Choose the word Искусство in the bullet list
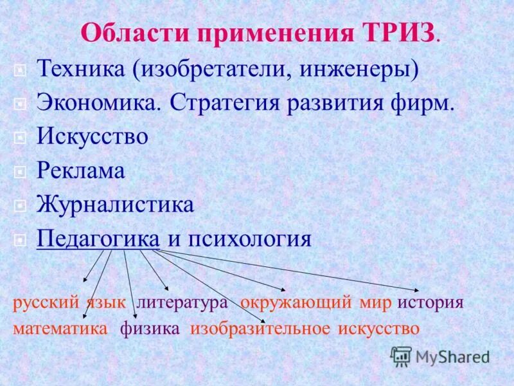(x=93, y=137)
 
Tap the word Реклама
(x=80, y=171)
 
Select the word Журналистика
(x=115, y=205)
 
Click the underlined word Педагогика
(x=98, y=239)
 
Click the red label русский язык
(x=69, y=302)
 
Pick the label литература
(x=182, y=302)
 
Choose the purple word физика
(x=149, y=328)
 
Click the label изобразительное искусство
(x=304, y=328)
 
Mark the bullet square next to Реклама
(x=21, y=171)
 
